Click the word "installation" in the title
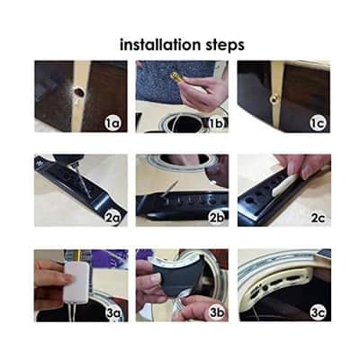[x=160, y=44]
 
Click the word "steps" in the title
[x=225, y=46]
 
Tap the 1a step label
[x=112, y=123]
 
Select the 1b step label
[x=217, y=123]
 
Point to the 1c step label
[x=318, y=123]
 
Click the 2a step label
[x=112, y=218]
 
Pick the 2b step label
[x=217, y=218]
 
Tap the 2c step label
[x=318, y=218]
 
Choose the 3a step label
[x=112, y=313]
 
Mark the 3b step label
[x=217, y=313]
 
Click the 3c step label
[x=318, y=313]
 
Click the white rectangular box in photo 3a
[x=77, y=281]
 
